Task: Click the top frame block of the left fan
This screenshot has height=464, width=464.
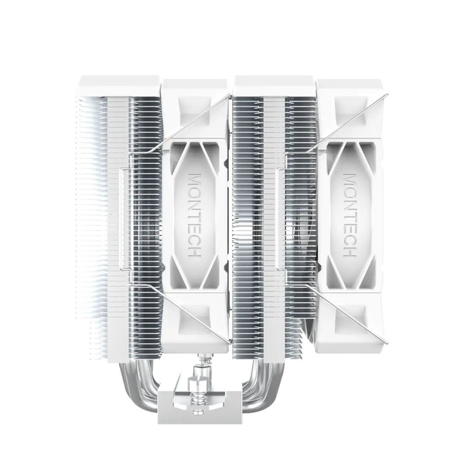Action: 196,93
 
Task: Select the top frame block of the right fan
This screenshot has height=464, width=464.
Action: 350,93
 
